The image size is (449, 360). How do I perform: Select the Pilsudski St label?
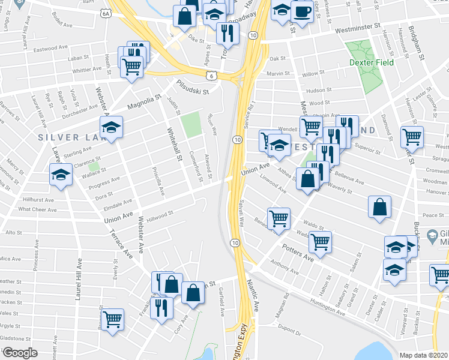(x=192, y=88)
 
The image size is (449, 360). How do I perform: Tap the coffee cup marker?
(x=302, y=12)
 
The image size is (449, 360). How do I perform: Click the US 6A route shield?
(x=106, y=13)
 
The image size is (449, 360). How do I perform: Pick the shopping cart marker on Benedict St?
(x=279, y=219)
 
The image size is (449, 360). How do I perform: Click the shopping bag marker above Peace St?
(x=380, y=208)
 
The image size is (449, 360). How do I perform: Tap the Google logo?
(x=19, y=352)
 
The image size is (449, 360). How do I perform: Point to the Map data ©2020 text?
(x=424, y=355)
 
